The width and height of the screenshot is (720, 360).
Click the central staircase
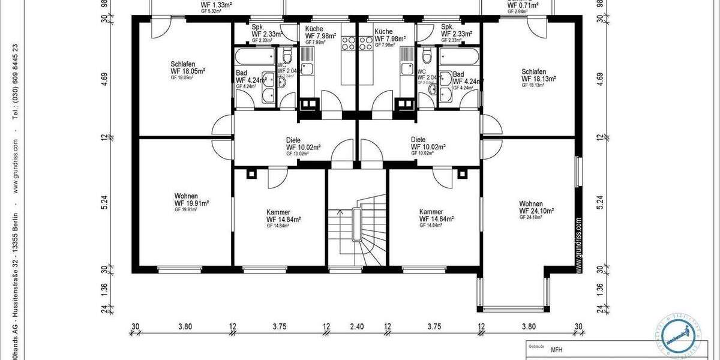[x=357, y=231]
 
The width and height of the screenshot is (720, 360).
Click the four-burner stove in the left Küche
[x=348, y=43]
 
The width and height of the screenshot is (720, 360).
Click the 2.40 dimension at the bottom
[x=357, y=327]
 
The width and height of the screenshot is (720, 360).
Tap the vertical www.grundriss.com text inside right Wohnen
[x=578, y=246]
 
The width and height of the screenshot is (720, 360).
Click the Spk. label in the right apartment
[x=448, y=27]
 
